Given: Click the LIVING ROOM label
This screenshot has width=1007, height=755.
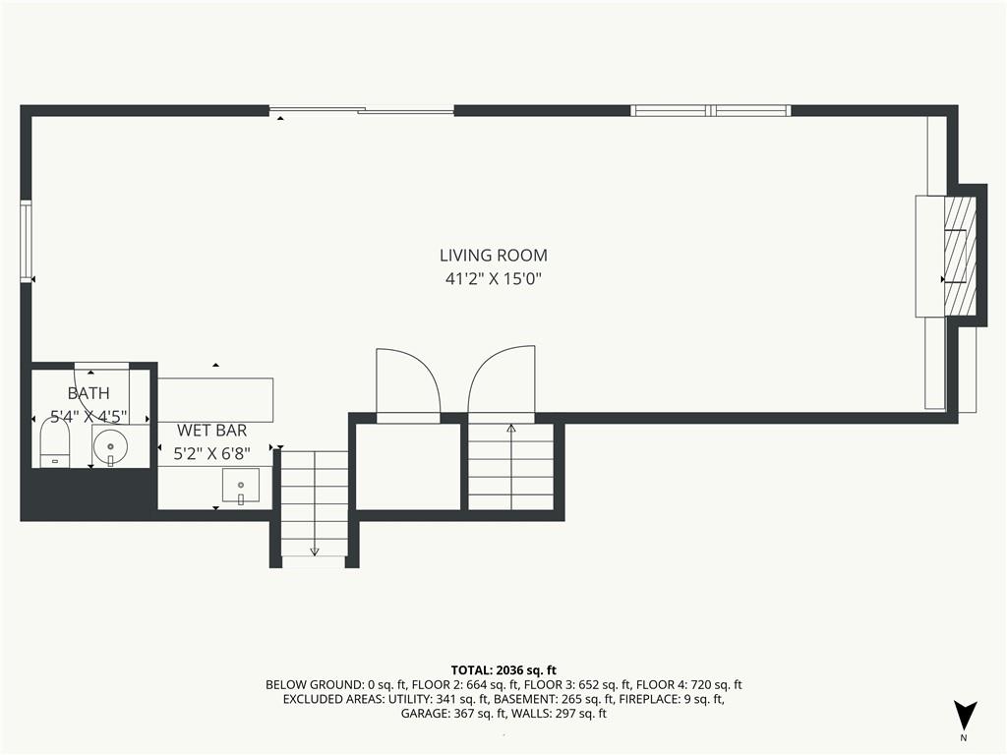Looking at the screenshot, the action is pyautogui.click(x=494, y=256).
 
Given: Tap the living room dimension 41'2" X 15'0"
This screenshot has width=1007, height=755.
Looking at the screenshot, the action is pyautogui.click(x=494, y=279).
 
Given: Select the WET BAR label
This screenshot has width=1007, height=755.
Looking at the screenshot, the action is pyautogui.click(x=212, y=431).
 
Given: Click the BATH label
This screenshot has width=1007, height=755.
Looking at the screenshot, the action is pyautogui.click(x=89, y=393).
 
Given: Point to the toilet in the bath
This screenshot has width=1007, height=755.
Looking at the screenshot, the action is pyautogui.click(x=55, y=441).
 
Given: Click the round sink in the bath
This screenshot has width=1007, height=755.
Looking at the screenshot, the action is pyautogui.click(x=110, y=445).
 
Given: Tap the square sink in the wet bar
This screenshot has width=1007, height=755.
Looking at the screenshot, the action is pyautogui.click(x=241, y=486).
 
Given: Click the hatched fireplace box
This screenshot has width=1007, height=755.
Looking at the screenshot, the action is pyautogui.click(x=960, y=258).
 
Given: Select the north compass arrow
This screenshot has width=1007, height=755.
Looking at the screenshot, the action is pyautogui.click(x=965, y=716).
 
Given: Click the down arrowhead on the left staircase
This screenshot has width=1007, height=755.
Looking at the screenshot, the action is pyautogui.click(x=315, y=551).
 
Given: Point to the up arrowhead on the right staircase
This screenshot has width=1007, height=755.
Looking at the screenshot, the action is pyautogui.click(x=511, y=428).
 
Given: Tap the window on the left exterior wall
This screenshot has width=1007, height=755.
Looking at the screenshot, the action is pyautogui.click(x=26, y=241).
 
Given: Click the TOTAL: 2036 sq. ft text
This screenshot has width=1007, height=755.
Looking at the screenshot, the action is pyautogui.click(x=503, y=670).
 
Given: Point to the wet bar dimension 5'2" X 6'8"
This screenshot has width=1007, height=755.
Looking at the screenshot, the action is pyautogui.click(x=212, y=454).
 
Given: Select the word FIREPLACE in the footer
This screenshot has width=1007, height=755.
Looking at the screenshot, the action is pyautogui.click(x=649, y=699).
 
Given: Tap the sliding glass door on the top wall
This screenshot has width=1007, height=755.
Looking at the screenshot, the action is pyautogui.click(x=362, y=110).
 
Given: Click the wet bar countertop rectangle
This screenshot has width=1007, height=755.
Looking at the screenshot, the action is pyautogui.click(x=215, y=400).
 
